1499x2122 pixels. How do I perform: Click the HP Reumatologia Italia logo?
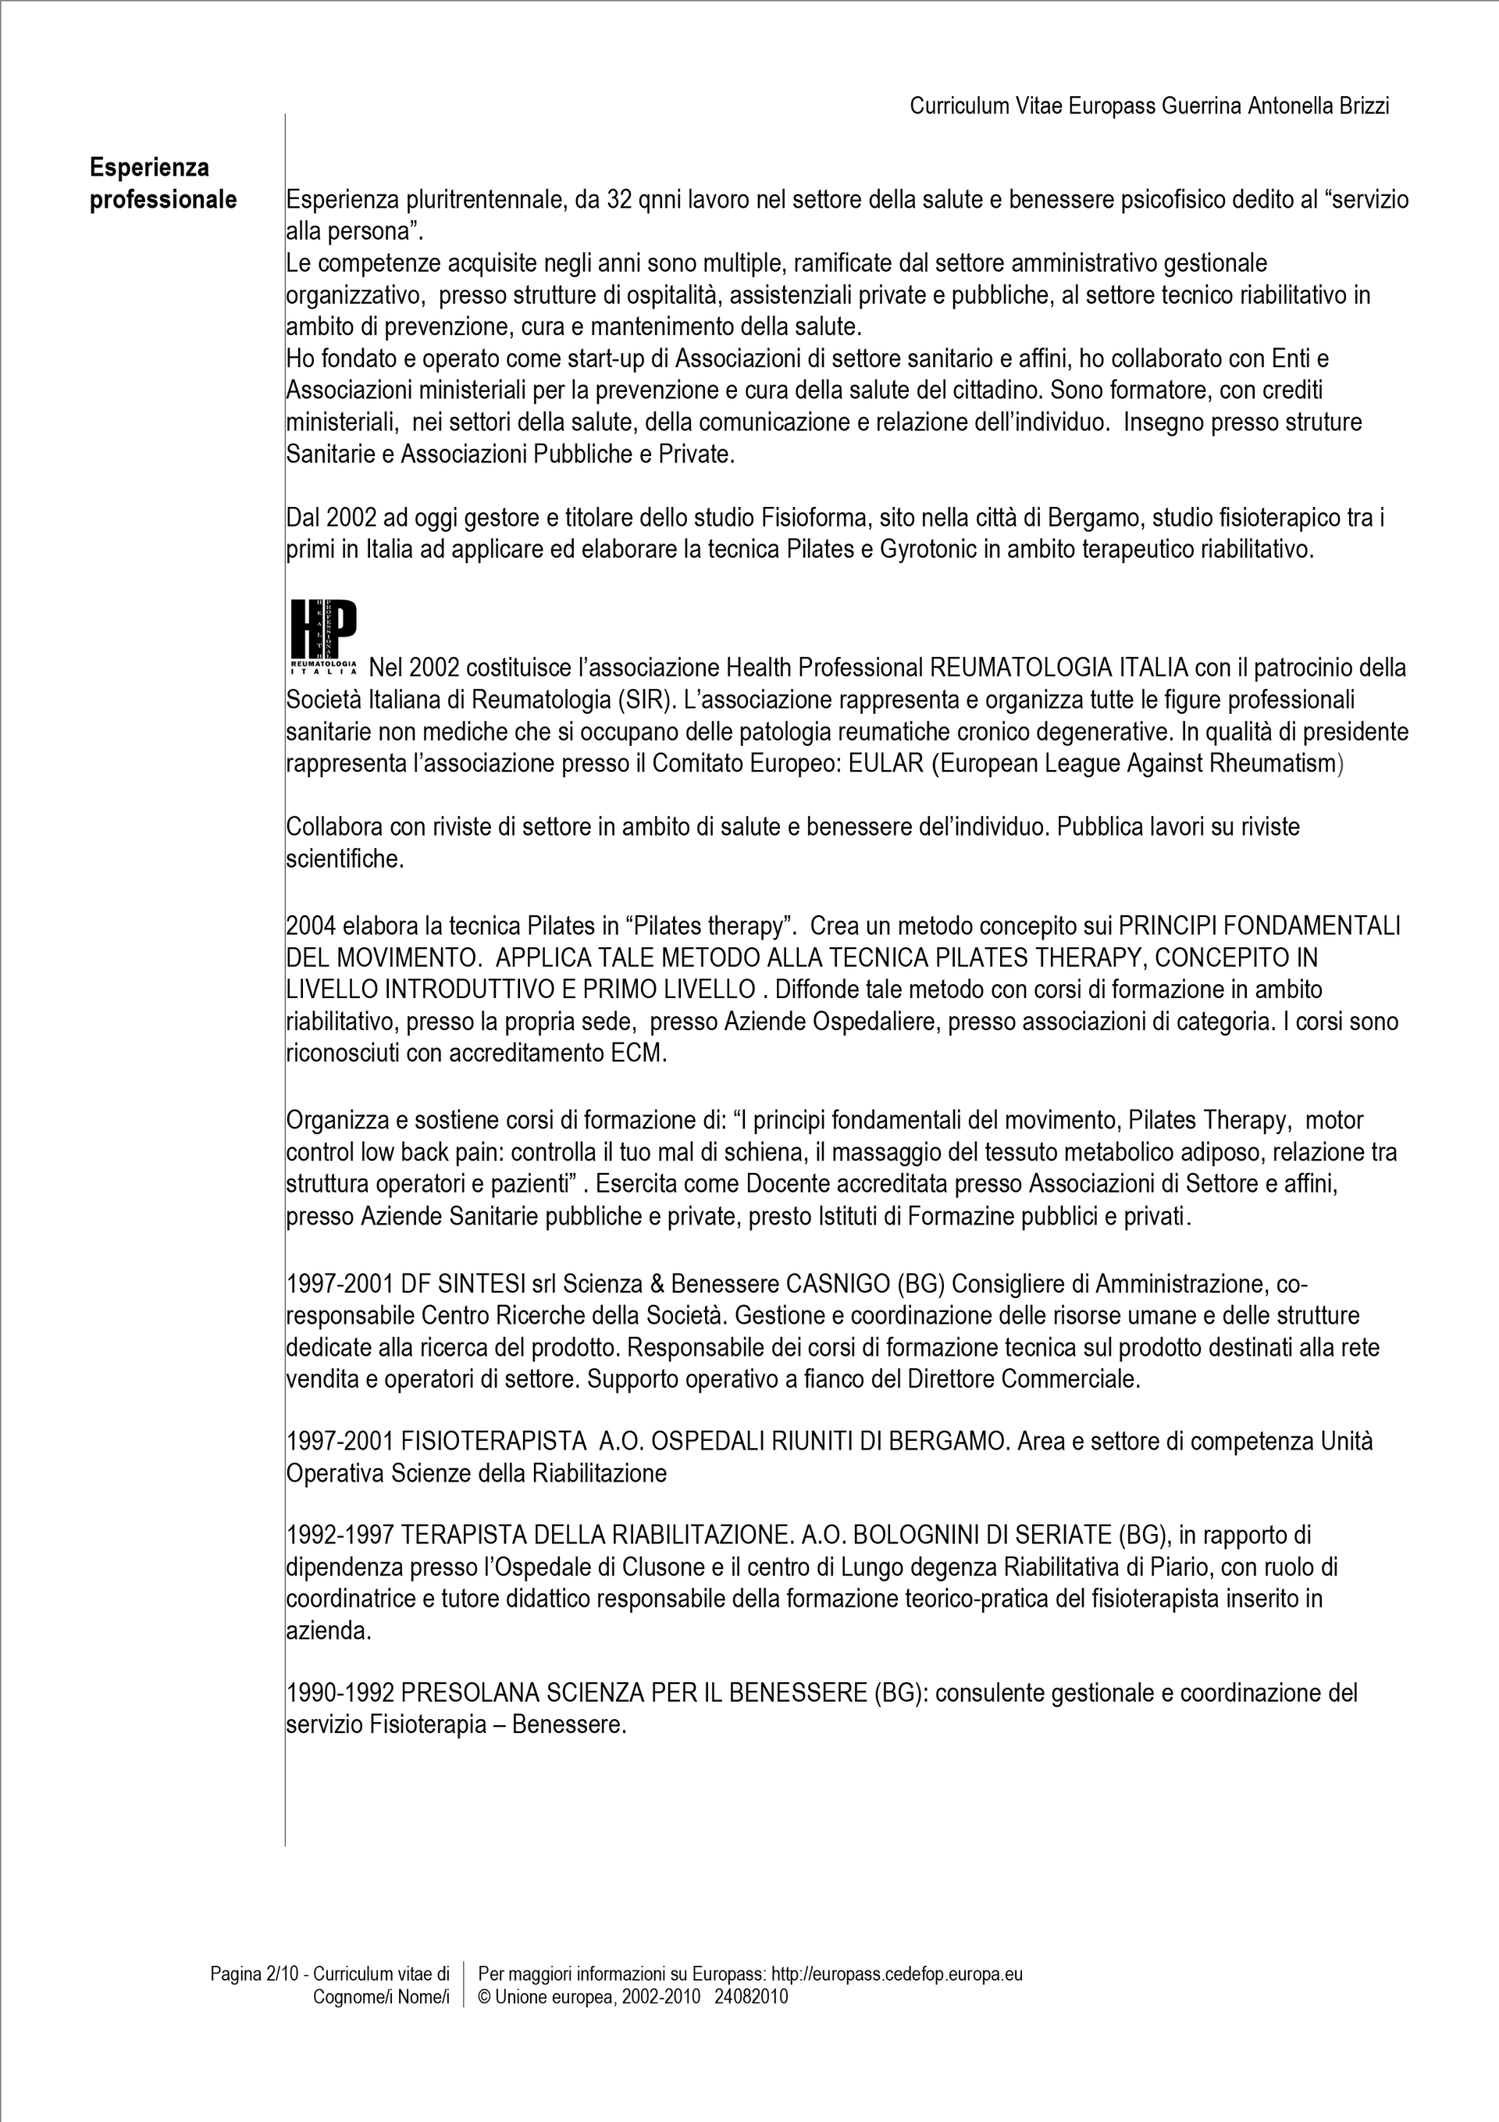323,636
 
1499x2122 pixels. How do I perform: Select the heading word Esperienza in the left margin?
150,167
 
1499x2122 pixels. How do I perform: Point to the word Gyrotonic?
927,550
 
